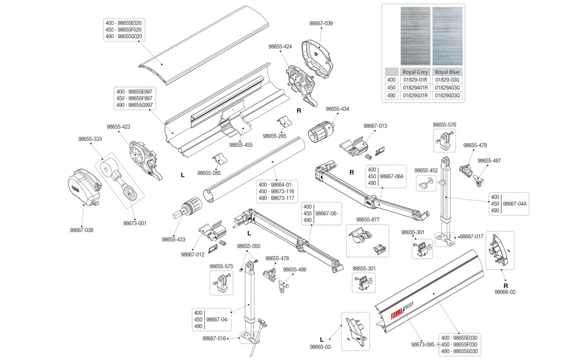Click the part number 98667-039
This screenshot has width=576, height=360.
[x=321, y=23]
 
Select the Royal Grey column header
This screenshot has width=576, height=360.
[x=415, y=72]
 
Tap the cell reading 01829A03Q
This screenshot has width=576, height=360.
[x=447, y=88]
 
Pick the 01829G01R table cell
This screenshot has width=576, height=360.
[x=415, y=96]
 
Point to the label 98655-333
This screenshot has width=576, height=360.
[x=90, y=139]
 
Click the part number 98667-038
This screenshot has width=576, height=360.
[x=81, y=230]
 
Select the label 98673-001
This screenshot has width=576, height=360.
[x=135, y=223]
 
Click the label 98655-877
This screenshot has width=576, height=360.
[x=367, y=220]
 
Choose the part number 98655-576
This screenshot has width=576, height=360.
[x=444, y=125]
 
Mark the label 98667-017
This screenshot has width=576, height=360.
[x=472, y=237]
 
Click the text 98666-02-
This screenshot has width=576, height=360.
[x=506, y=292]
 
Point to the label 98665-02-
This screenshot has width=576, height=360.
[x=321, y=347]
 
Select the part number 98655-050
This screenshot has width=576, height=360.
[x=248, y=246]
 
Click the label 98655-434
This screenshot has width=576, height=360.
[x=338, y=109]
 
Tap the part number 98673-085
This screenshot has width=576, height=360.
[x=423, y=345]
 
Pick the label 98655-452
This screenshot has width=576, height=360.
[x=426, y=171]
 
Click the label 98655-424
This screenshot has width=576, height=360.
[x=280, y=47]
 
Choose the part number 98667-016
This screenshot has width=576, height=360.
[x=214, y=339]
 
